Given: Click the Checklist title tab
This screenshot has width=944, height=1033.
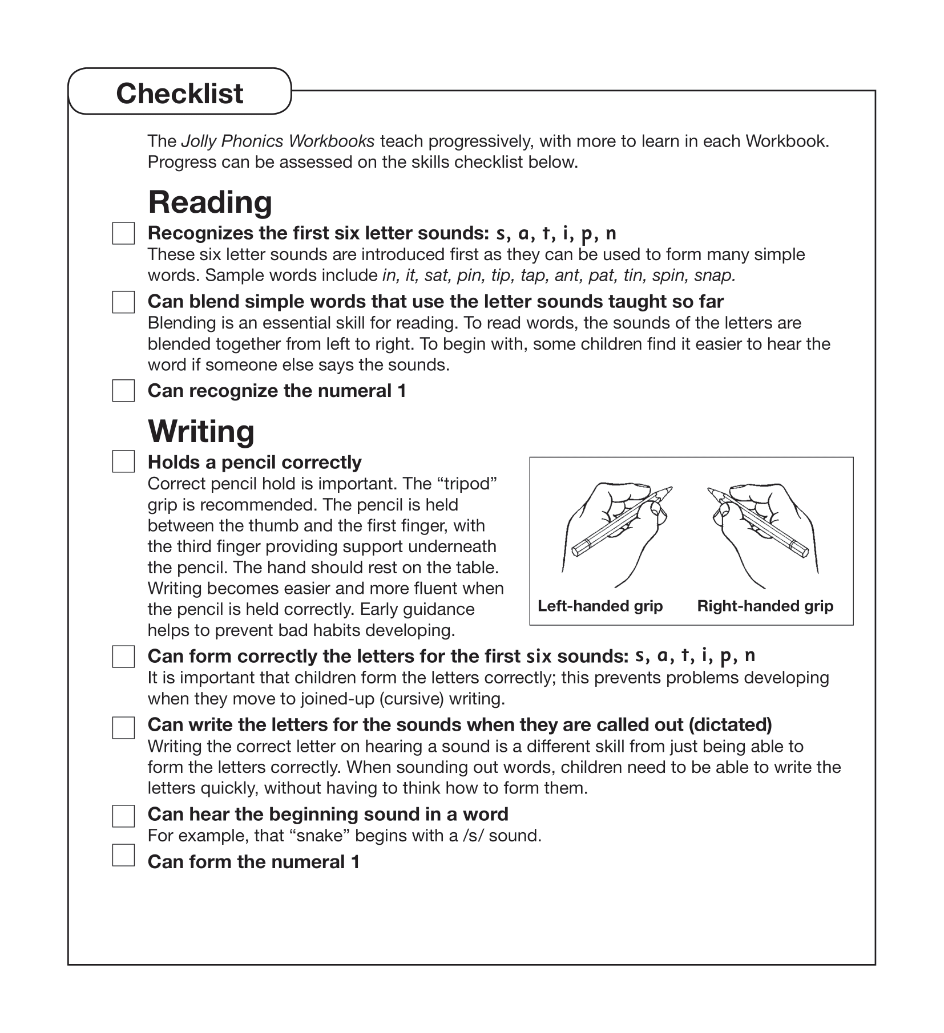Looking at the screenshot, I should click(x=180, y=93).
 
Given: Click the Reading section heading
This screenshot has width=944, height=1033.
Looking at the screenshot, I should click(x=210, y=202).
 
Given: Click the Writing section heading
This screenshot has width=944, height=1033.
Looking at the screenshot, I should click(x=201, y=431).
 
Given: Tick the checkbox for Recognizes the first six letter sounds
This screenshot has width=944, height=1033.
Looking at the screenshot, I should click(x=123, y=233).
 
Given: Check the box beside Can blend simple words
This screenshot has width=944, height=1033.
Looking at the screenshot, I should click(x=123, y=302).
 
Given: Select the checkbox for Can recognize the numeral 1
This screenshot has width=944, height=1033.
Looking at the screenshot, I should click(x=123, y=391).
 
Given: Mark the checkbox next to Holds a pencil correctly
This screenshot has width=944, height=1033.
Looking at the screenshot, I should click(x=123, y=461).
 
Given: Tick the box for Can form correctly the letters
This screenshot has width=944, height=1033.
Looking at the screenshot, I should click(x=123, y=657).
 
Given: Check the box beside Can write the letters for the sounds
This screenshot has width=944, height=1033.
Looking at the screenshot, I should click(x=123, y=727).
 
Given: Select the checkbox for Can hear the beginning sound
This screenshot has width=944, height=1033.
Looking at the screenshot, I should click(x=123, y=816).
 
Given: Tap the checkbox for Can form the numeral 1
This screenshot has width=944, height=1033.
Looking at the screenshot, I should click(x=123, y=855).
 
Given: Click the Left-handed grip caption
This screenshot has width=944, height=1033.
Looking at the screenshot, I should click(x=600, y=606).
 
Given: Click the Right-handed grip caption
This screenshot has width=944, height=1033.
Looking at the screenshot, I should click(x=765, y=606).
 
